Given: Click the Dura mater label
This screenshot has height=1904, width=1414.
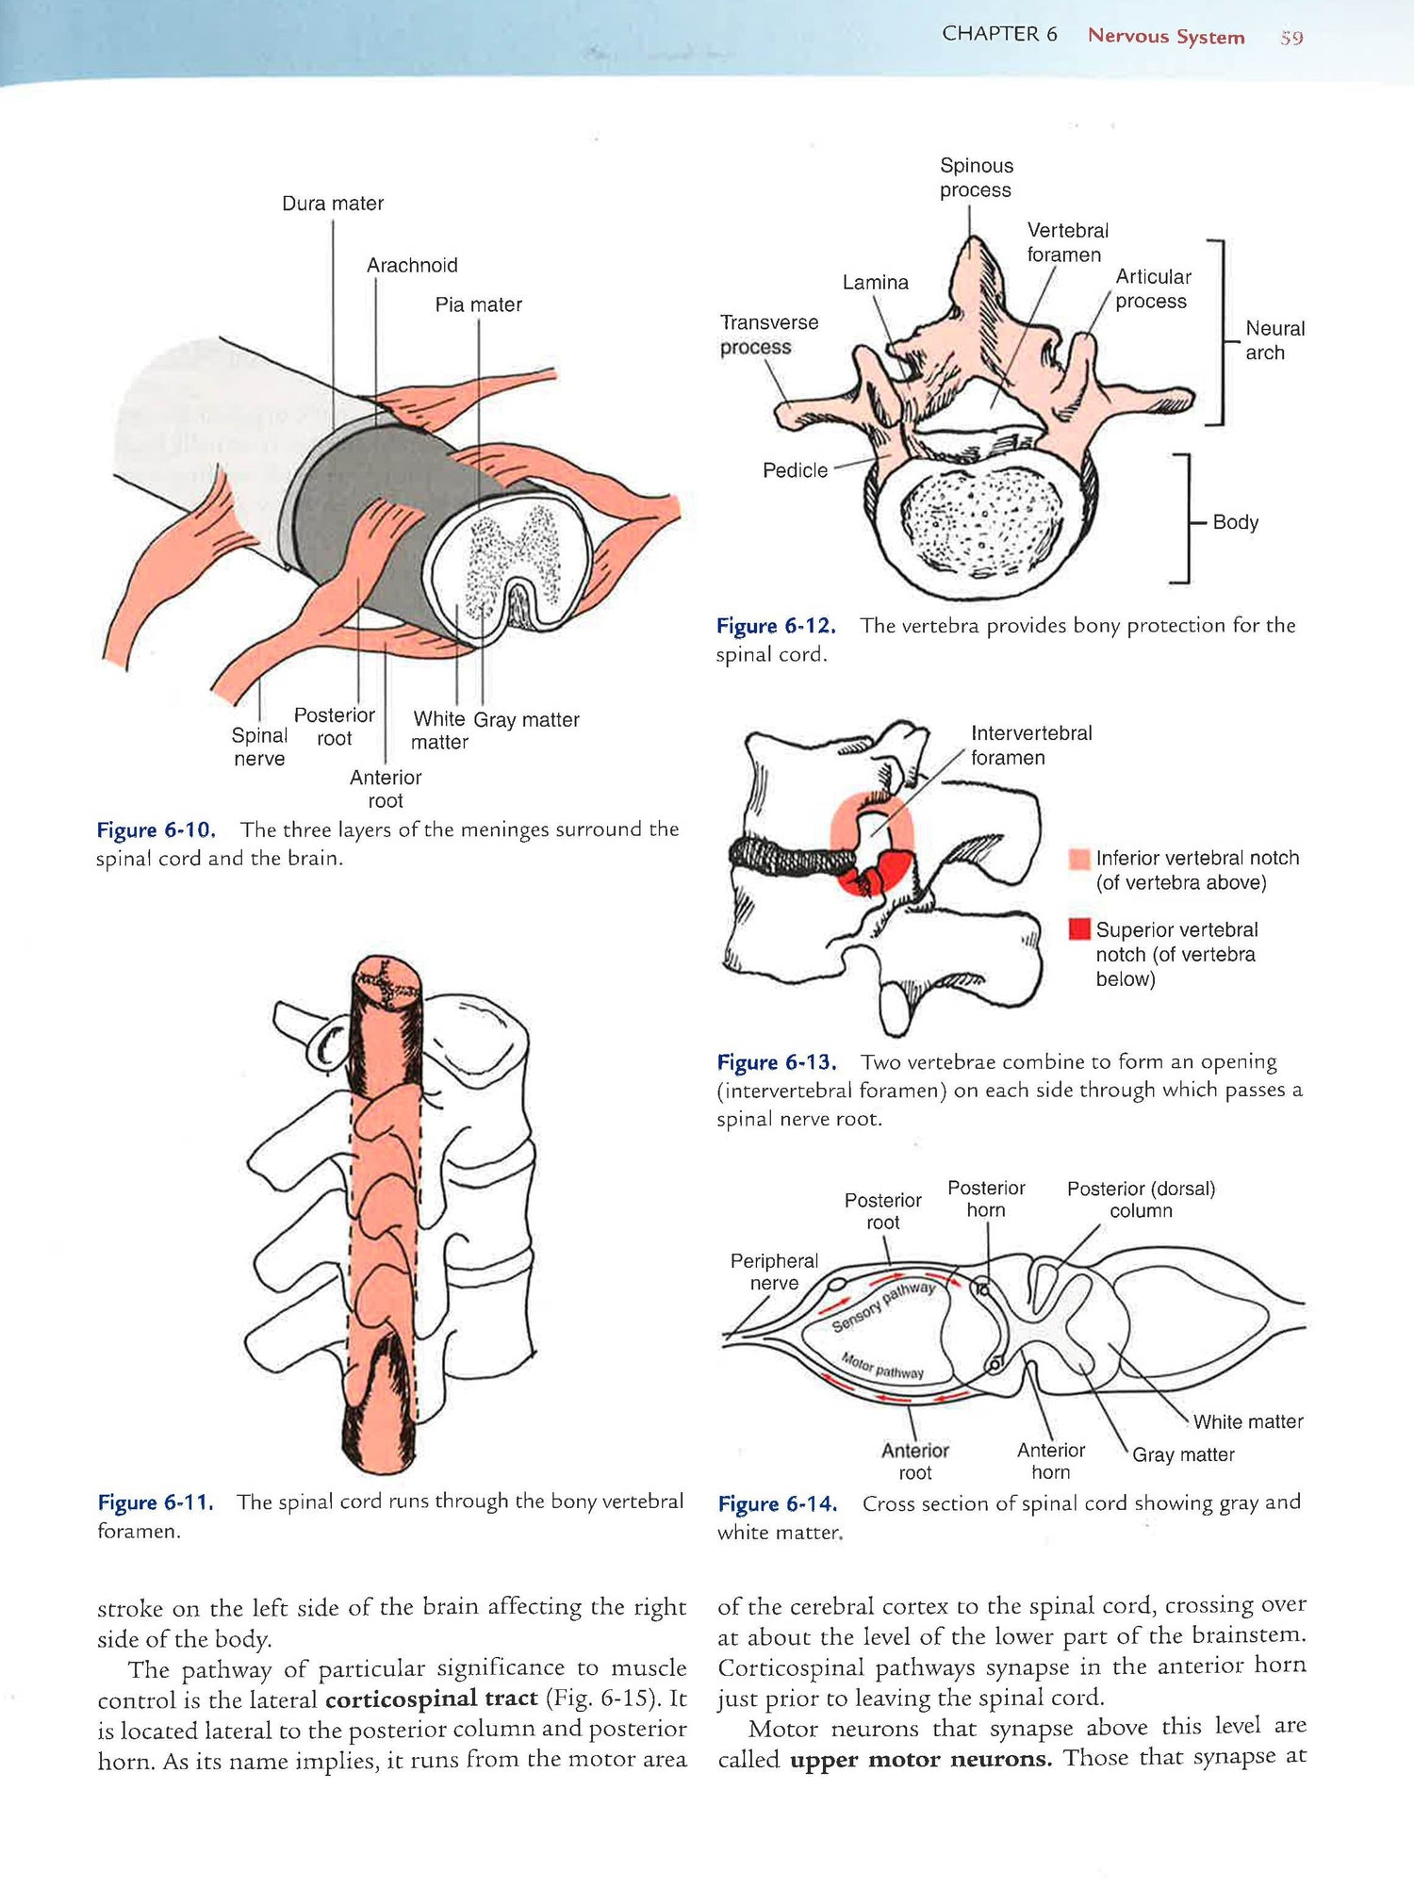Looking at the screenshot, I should point(333,204).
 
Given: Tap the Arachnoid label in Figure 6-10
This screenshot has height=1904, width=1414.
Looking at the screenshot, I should point(412,266).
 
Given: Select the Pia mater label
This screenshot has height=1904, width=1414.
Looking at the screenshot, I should point(478,305).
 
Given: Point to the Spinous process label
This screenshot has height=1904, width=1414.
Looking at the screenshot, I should point(976,178).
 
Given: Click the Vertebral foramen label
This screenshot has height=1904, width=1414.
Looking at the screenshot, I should point(1067,243).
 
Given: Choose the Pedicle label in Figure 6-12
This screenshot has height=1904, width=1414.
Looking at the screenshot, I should point(795,470).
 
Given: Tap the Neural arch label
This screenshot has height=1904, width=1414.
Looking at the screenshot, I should point(1274,340).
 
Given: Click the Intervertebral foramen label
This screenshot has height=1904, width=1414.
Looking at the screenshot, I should point(1031,746).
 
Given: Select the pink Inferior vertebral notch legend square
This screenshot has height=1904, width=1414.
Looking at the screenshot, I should point(1079,859).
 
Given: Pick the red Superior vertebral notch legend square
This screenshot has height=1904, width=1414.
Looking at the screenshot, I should point(1079,929).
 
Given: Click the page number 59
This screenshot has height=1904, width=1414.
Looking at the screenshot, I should point(1291,38).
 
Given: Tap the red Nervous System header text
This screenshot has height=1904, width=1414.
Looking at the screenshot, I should point(1166,37).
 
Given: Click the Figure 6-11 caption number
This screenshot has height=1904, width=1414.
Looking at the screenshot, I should point(156,1502).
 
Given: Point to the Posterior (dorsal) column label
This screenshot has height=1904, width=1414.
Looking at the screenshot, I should point(1141,1200).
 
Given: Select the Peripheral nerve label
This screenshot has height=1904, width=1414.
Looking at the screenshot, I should point(774,1272).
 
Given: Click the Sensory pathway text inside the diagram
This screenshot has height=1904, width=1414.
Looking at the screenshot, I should point(883,1306).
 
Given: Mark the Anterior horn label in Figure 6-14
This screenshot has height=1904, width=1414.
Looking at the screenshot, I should point(1051,1461).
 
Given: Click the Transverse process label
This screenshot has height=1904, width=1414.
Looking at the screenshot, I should point(768,335).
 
